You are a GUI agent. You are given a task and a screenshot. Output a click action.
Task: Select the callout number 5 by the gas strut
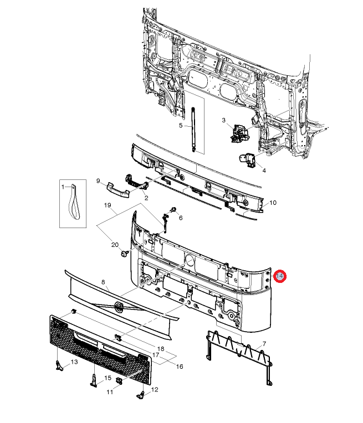coord(180,126)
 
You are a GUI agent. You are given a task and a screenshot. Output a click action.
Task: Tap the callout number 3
coord(223,120)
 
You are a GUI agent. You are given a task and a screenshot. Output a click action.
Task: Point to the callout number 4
coord(264,171)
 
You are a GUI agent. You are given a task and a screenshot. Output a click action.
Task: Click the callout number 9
coord(98,180)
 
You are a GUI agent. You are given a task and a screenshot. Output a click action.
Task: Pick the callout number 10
coord(273,203)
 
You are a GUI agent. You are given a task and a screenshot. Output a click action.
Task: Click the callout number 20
coord(115,244)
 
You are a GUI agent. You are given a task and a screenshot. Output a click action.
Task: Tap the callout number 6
coord(180,217)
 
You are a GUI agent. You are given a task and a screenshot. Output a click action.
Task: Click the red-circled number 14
coord(280,276)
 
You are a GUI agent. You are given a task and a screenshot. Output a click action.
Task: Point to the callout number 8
coord(103,282)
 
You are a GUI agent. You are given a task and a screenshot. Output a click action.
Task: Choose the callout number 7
coord(264,344)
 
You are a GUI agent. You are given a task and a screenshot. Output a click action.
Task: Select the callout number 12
coord(155,389)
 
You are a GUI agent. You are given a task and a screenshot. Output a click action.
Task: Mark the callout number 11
coord(110,391)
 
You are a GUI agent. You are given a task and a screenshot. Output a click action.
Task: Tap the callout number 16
coord(179,366)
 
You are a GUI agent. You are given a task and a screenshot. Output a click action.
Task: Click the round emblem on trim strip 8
coord(118,307)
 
